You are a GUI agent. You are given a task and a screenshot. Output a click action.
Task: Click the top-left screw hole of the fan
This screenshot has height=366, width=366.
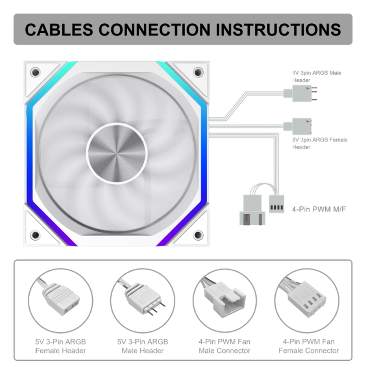pos(35,72)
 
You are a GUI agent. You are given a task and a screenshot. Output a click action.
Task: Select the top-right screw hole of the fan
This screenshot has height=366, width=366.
pos(198,72)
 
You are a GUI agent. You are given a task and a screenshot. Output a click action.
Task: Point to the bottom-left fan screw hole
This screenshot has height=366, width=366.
pos(35,235)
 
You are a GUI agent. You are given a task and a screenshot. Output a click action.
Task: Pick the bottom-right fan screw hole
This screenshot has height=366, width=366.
pos(198,235)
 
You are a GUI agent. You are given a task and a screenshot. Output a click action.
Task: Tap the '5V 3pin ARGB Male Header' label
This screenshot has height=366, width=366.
pos(317,76)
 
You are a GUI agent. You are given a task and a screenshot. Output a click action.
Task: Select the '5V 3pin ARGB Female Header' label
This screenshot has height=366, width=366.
pos(320,143)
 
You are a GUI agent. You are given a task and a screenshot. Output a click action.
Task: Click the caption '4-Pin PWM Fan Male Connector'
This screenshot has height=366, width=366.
pos(224,346)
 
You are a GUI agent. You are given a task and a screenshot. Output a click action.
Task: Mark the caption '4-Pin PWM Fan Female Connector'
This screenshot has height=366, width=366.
pos(309,346)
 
